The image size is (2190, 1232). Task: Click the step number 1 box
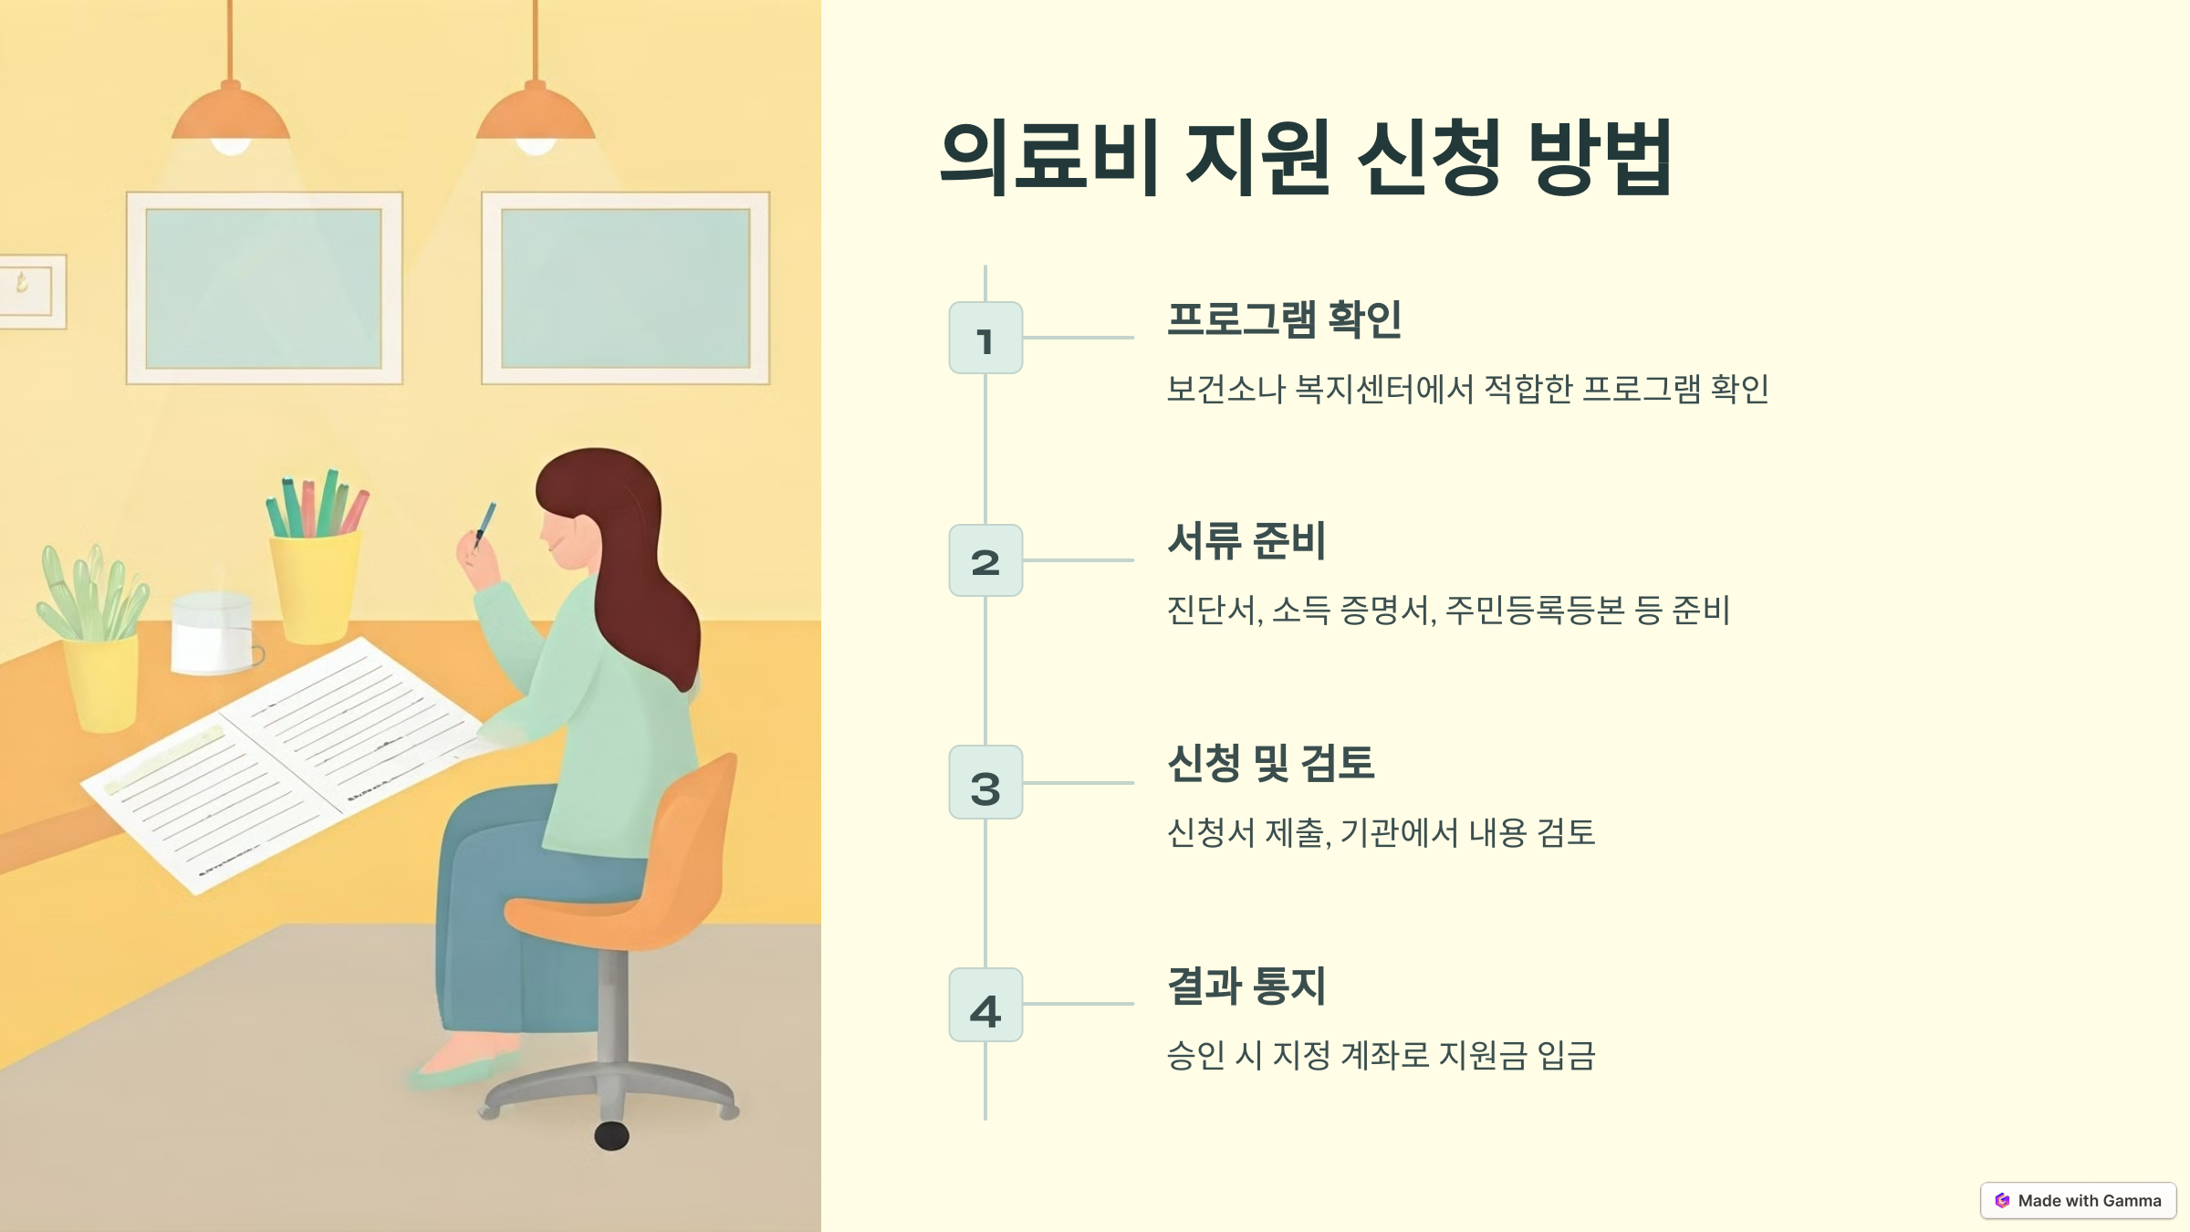pyautogui.click(x=985, y=338)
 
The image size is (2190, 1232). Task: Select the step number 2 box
pyautogui.click(x=985, y=560)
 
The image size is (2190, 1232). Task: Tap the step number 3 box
pyautogui.click(x=985, y=783)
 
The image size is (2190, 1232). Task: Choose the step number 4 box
pyautogui.click(x=985, y=1005)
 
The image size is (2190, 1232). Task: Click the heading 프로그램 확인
pyautogui.click(x=1284, y=319)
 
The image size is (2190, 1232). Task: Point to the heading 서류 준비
pyautogui.click(x=1246, y=540)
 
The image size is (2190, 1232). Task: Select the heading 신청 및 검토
pyautogui.click(x=1270, y=763)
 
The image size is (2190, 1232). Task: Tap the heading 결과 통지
pyautogui.click(x=1246, y=986)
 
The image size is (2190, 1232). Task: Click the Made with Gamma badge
pyautogui.click(x=2078, y=1201)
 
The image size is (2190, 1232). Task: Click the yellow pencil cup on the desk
pyautogui.click(x=315, y=584)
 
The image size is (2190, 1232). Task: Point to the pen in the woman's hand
pyautogui.click(x=485, y=524)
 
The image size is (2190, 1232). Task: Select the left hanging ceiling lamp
pyautogui.click(x=231, y=119)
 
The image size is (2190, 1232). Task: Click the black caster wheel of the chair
pyautogui.click(x=611, y=1136)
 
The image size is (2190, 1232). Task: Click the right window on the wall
pyautogui.click(x=625, y=288)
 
